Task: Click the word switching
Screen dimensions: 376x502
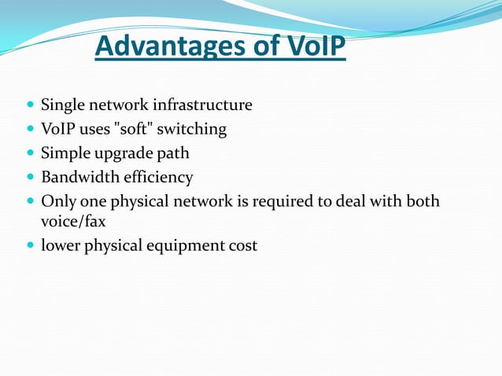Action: click(194, 129)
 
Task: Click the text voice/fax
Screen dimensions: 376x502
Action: click(73, 222)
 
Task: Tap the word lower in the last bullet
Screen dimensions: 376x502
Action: click(61, 246)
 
